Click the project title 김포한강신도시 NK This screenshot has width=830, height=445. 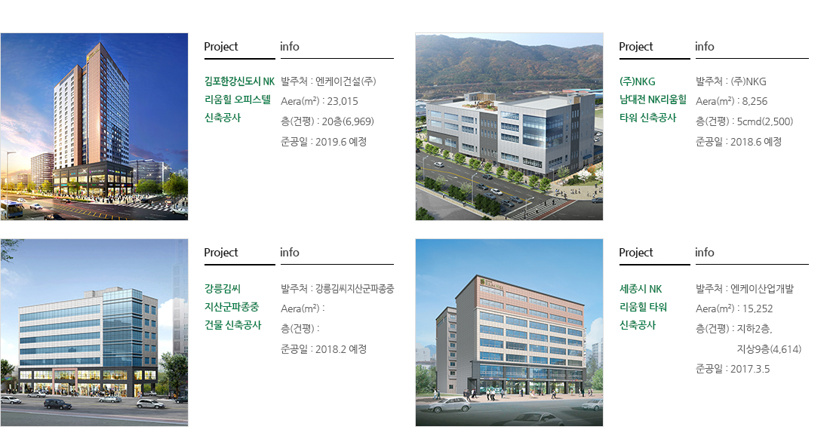tap(239, 81)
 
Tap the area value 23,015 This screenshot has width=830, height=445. tap(343, 101)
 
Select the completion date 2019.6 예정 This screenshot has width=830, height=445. tap(341, 142)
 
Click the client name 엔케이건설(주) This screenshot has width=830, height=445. tap(346, 81)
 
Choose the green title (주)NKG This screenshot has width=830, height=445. tap(638, 81)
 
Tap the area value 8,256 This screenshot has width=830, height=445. tap(755, 101)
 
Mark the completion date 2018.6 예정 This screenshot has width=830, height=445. tap(756, 142)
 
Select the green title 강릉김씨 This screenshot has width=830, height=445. tap(223, 289)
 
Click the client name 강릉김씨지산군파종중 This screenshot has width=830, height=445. tap(355, 289)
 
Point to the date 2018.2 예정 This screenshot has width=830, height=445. tap(341, 349)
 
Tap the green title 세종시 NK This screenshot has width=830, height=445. tap(641, 289)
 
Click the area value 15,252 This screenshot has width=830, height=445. tap(758, 308)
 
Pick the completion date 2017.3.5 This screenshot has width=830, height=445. tap(750, 370)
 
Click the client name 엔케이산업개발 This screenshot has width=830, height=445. tap(762, 289)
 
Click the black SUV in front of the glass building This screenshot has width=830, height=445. tap(57, 404)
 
